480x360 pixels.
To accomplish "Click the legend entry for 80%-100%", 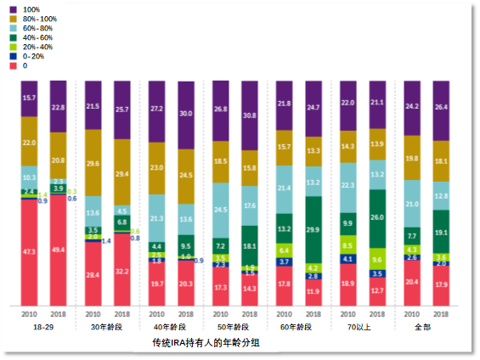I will point(34,18).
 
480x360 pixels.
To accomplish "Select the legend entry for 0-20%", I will point(29,55).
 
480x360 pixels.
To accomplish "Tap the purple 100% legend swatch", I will point(14,8).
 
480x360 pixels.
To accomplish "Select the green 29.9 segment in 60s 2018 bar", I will point(313,229).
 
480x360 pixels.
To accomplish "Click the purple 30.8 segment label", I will point(250,115).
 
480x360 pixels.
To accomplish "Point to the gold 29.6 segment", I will point(93,163).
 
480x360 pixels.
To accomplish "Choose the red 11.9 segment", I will point(313,291).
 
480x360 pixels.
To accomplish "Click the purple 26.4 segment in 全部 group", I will point(441,108).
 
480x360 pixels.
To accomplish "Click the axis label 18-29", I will point(43,327).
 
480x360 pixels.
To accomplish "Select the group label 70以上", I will point(362,327).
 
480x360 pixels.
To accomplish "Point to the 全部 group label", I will point(426,327).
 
